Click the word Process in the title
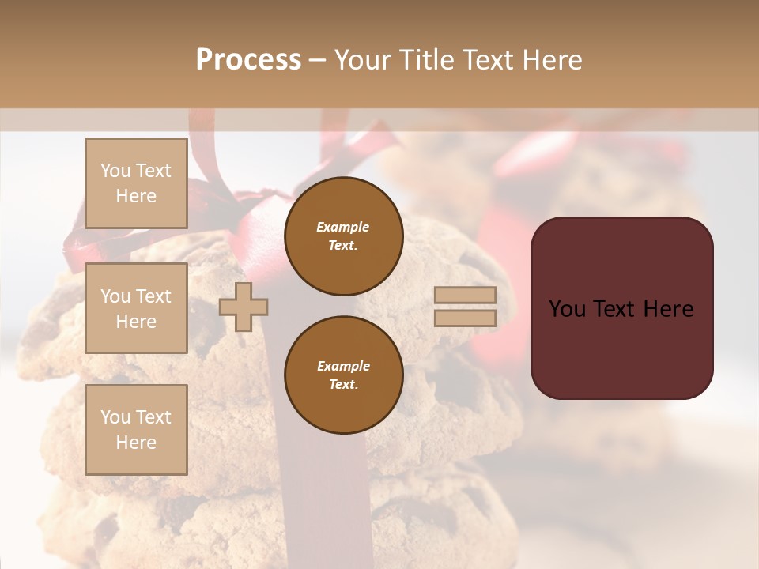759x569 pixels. pyautogui.click(x=248, y=60)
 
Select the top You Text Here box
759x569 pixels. pyautogui.click(x=136, y=183)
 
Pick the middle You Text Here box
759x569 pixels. pyautogui.click(x=136, y=308)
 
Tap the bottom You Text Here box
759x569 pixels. pyautogui.click(x=136, y=429)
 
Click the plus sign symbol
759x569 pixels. pyautogui.click(x=244, y=307)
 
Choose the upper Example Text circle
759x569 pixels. pyautogui.click(x=343, y=236)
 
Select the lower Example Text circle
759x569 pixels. pyautogui.click(x=343, y=375)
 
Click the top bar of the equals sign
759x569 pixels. pyautogui.click(x=465, y=296)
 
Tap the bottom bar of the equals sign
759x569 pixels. pyautogui.click(x=465, y=318)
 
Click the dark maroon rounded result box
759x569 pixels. pyautogui.click(x=621, y=308)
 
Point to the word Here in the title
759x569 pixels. pyautogui.click(x=552, y=60)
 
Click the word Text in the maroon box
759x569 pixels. pyautogui.click(x=621, y=309)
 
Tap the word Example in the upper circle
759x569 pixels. pyautogui.click(x=343, y=227)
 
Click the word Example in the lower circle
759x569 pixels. pyautogui.click(x=343, y=366)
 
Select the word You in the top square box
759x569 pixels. pyautogui.click(x=115, y=171)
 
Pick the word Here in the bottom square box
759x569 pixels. pyautogui.click(x=136, y=443)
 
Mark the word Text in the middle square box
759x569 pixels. pyautogui.click(x=153, y=296)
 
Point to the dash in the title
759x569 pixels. pyautogui.click(x=317, y=60)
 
